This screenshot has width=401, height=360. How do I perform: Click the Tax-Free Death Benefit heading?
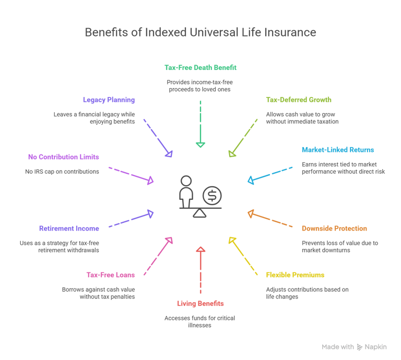coord(200,67)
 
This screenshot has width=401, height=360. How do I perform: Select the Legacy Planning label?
coord(109,100)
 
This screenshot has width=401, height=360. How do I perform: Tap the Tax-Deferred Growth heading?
coord(299,100)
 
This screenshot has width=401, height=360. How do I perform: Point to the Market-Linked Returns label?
coord(338,150)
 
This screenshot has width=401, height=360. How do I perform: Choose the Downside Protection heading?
coord(334,229)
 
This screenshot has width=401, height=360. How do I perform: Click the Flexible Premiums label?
coord(295,275)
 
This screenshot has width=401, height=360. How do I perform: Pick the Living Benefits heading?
coord(200,304)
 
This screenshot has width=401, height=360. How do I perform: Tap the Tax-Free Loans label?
coord(111,275)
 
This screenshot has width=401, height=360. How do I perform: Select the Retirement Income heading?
coord(69,229)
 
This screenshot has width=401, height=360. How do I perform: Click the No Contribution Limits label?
coord(63,157)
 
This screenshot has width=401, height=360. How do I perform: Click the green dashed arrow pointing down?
coord(200,124)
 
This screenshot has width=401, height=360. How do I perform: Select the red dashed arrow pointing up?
coord(200,270)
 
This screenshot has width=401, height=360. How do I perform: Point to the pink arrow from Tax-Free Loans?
coord(158,256)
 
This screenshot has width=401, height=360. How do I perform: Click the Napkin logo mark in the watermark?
coord(360,347)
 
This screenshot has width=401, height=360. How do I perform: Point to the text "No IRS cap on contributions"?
coord(62,172)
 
